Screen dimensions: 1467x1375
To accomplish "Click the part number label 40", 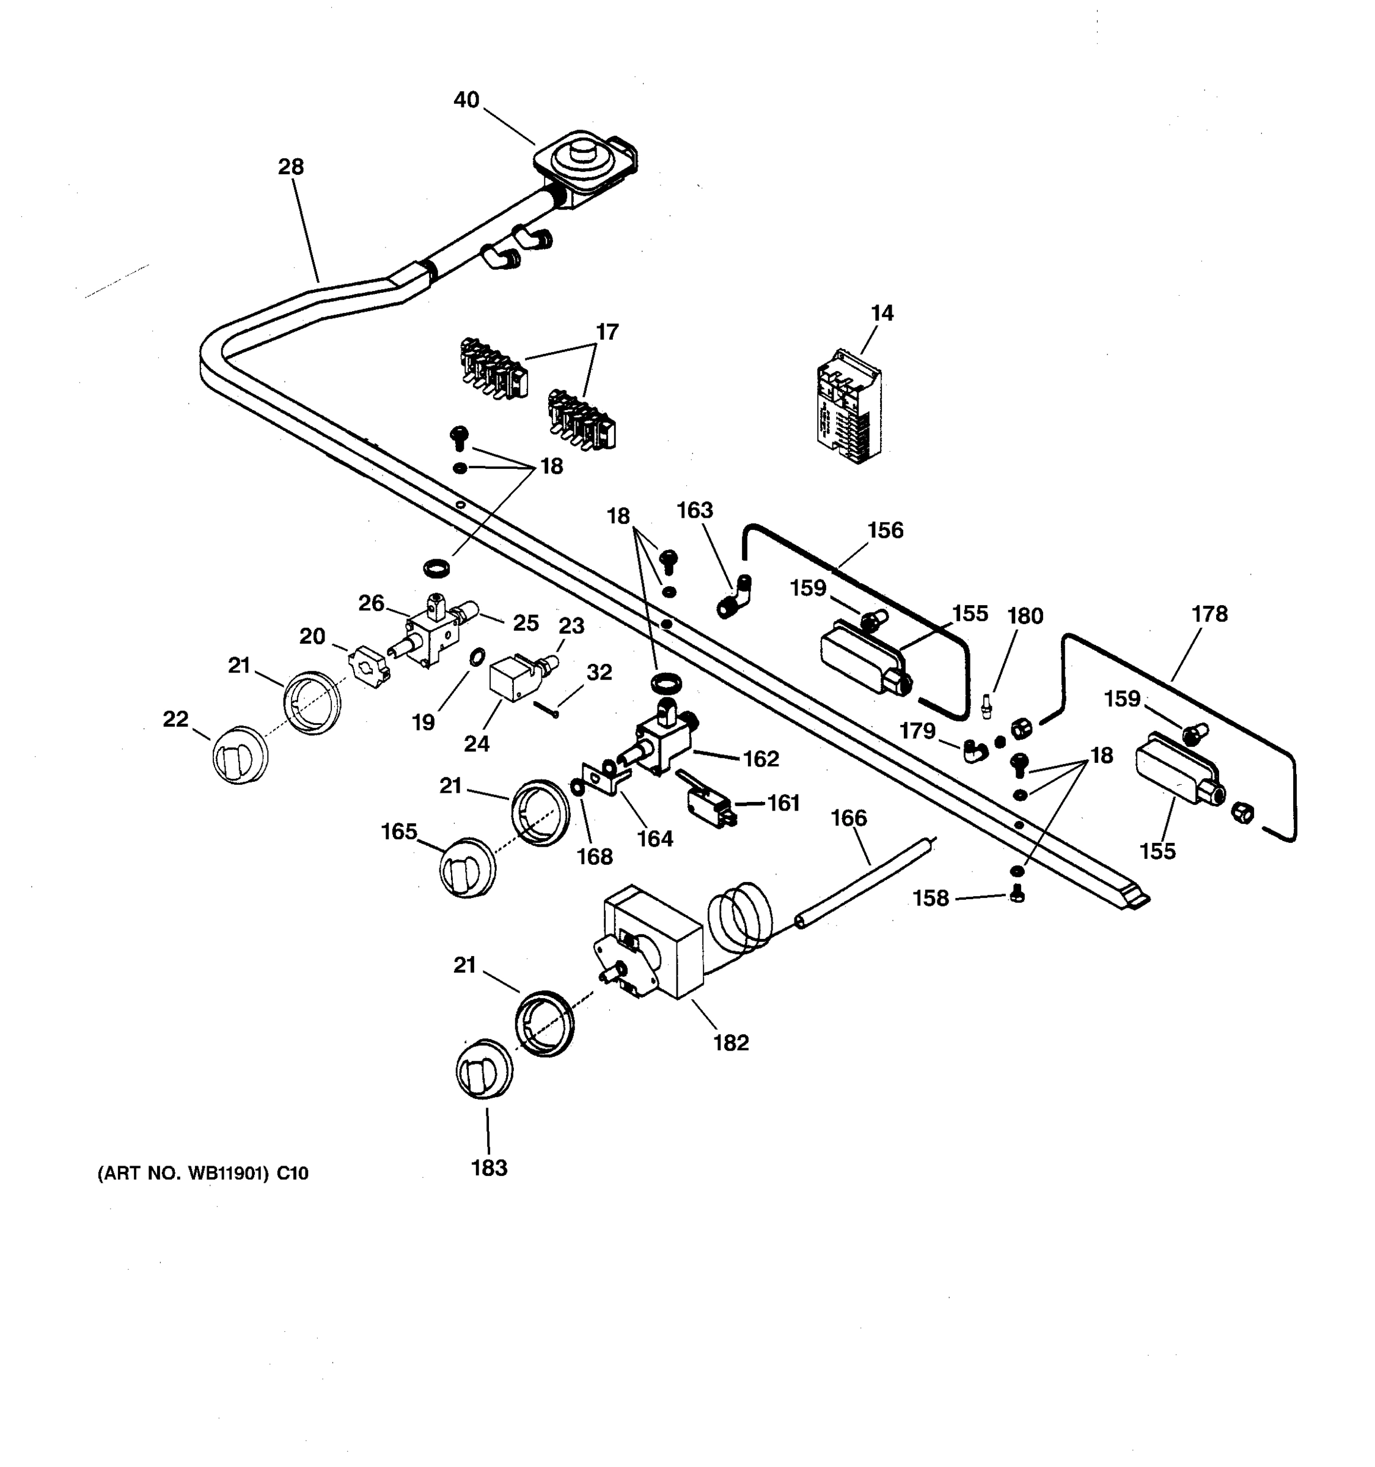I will point(466,100).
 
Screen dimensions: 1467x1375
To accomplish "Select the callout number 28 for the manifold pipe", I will point(291,167).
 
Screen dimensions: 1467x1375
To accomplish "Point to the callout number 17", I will point(607,332).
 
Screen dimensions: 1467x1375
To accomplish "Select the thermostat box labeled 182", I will point(653,943).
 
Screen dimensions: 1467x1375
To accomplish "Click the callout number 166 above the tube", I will point(848,818).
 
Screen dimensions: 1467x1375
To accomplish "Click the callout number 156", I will point(885,530).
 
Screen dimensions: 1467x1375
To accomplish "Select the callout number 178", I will point(1209,614).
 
